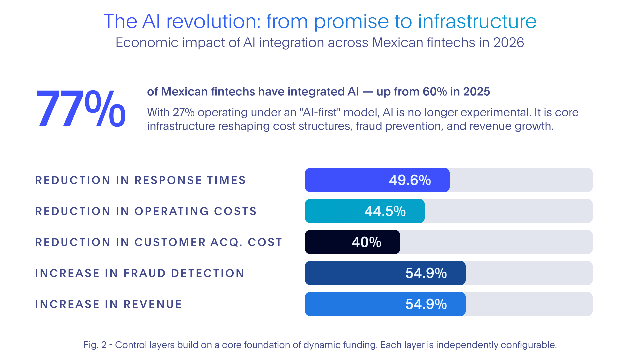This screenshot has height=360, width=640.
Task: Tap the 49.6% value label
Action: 410,180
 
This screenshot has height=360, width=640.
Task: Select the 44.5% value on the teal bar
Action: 385,211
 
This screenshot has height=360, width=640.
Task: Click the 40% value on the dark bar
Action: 366,242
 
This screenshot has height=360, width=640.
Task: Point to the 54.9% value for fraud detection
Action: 426,273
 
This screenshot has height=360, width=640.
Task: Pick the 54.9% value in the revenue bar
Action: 426,304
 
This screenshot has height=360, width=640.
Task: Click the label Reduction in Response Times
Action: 140,180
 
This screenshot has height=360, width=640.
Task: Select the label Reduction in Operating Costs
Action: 146,211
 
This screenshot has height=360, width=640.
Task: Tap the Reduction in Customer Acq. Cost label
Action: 159,242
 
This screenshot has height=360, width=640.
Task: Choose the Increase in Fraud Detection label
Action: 140,273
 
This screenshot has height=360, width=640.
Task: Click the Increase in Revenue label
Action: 108,304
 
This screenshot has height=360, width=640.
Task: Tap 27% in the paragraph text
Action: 183,113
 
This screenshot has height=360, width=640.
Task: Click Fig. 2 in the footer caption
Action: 95,345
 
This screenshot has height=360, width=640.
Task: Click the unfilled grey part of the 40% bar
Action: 496,242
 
